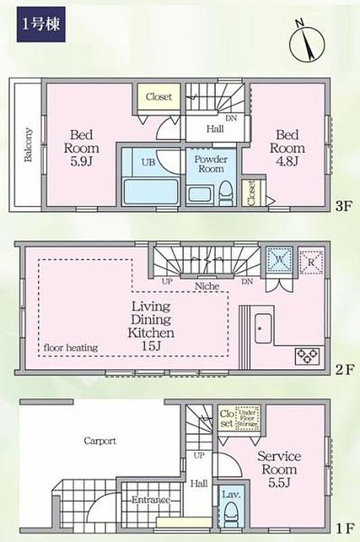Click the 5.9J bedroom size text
point(81,160)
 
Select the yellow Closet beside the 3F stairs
point(159,97)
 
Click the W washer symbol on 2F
point(278,259)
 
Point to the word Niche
point(207,286)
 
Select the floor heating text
point(70,348)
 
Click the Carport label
point(100,440)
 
